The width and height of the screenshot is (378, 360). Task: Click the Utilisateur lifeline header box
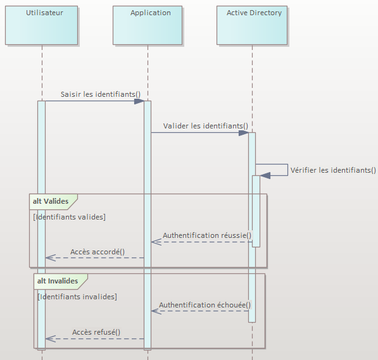tap(41, 25)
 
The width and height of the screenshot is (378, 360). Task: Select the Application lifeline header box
tap(148, 25)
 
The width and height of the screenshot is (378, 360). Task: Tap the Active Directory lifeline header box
tap(252, 25)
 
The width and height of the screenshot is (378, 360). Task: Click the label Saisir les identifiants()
tap(101, 94)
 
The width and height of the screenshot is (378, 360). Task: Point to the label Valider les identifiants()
tap(206, 126)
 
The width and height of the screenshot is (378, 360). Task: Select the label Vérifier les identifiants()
tap(333, 170)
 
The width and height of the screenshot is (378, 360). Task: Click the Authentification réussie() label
tap(207, 235)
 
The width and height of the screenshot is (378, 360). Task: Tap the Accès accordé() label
tap(98, 252)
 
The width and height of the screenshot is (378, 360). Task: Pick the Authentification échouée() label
tap(205, 305)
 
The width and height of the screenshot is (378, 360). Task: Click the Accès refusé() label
tap(96, 332)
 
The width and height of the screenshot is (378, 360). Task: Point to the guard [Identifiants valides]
tap(69, 217)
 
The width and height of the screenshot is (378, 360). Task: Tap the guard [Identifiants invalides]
tap(77, 297)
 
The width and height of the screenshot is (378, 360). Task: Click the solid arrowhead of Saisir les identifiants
tap(139, 101)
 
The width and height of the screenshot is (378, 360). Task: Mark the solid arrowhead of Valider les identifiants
tap(244, 133)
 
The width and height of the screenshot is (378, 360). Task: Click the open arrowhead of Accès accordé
tap(51, 258)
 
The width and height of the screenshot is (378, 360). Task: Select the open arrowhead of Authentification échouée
tap(156, 311)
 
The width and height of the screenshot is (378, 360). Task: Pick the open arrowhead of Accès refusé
tap(51, 338)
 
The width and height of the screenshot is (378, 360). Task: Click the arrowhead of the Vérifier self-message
tap(265, 176)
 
